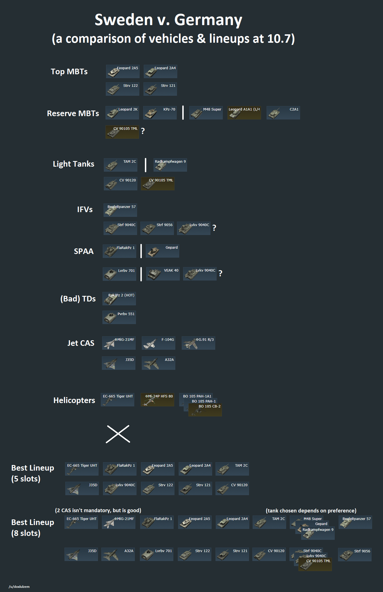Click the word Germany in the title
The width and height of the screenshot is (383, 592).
click(x=208, y=20)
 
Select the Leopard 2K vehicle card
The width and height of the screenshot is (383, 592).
click(x=122, y=113)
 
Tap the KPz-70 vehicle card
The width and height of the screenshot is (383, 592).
click(x=160, y=113)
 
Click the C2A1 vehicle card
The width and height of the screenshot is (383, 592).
click(x=283, y=113)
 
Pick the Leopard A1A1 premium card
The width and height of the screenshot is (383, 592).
click(x=244, y=113)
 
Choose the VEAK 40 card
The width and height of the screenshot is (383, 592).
click(x=163, y=274)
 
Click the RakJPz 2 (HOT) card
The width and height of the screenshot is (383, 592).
click(x=119, y=299)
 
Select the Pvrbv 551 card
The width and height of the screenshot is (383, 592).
click(x=119, y=317)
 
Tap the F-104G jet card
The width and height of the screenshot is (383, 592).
click(x=159, y=343)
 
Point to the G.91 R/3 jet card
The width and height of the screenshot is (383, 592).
click(x=198, y=343)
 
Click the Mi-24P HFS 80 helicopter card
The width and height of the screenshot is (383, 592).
click(x=157, y=400)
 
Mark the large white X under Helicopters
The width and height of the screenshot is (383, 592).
click(x=118, y=434)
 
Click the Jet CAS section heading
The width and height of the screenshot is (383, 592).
click(x=81, y=343)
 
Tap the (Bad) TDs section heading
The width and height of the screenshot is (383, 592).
click(x=78, y=299)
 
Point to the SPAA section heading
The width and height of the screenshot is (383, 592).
click(x=83, y=251)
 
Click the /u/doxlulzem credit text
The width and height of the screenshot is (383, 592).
click(x=19, y=587)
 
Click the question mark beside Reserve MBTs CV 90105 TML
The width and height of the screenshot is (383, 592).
click(x=143, y=131)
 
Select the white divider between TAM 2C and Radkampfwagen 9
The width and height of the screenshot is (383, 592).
click(x=145, y=165)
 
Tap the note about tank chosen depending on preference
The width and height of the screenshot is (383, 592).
click(x=311, y=510)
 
